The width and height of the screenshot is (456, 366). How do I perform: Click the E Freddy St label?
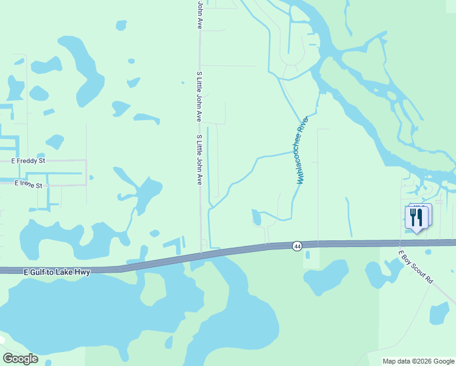point(29,162)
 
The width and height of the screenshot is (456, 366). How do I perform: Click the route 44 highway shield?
point(297,246)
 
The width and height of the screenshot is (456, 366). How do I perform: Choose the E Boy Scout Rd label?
point(415,267)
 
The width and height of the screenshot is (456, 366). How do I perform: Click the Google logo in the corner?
point(20,359)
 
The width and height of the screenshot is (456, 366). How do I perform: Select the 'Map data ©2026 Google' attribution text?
point(418,361)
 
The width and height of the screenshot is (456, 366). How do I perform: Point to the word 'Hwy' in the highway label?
point(83,271)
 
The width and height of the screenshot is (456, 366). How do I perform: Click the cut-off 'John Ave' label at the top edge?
point(199,15)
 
